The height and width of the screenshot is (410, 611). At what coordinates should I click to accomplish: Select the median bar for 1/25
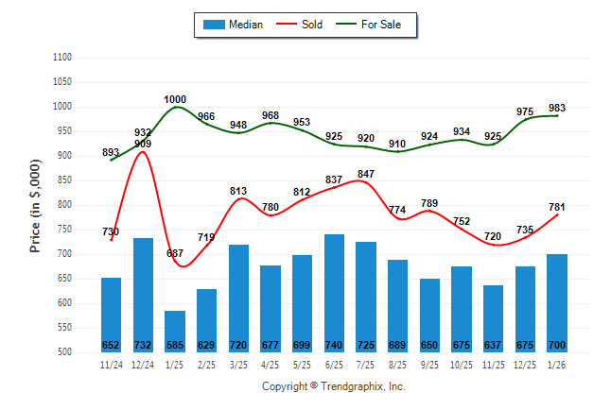click(175, 331)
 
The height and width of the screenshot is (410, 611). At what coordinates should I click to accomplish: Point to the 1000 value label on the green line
click(175, 99)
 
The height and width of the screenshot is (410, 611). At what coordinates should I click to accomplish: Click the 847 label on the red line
click(367, 174)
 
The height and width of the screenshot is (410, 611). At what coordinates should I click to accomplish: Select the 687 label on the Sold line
click(175, 254)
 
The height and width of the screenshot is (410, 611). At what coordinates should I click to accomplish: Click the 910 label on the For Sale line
click(397, 145)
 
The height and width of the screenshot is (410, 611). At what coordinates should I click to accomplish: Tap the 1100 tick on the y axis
click(63, 58)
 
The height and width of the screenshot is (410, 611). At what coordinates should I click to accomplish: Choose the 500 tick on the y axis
click(66, 352)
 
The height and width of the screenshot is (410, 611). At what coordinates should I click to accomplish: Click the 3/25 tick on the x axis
click(238, 364)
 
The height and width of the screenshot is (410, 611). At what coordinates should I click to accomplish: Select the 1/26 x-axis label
click(557, 364)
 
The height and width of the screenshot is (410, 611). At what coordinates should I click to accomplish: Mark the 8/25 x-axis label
click(398, 364)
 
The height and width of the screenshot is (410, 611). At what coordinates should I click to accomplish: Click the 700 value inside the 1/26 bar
click(557, 345)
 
